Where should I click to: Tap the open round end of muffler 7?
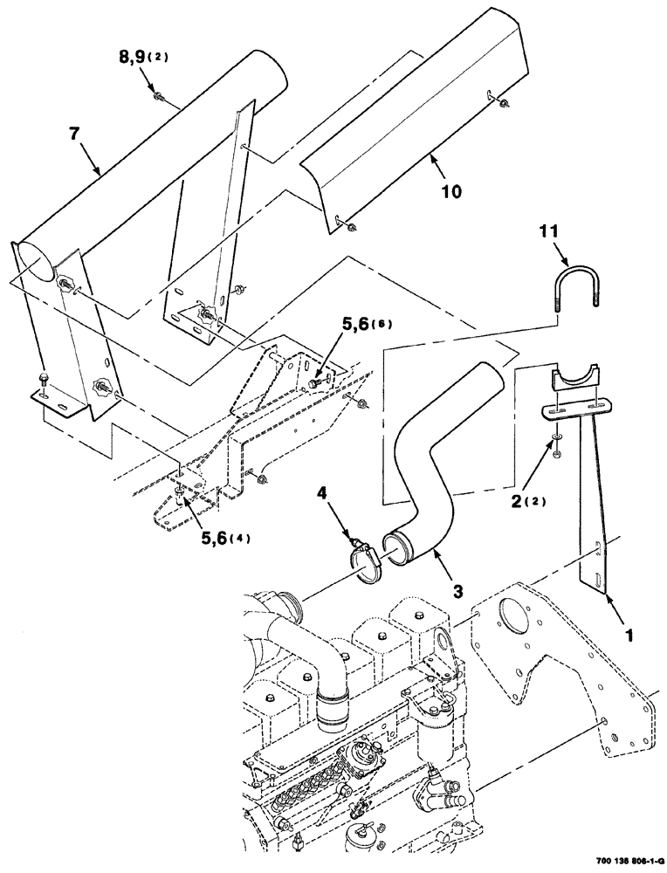click(x=35, y=261)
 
